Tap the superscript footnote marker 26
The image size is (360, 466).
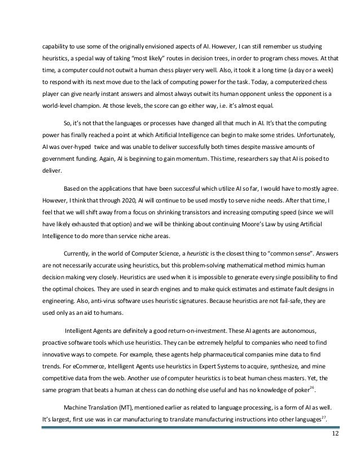coord(314,390)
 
